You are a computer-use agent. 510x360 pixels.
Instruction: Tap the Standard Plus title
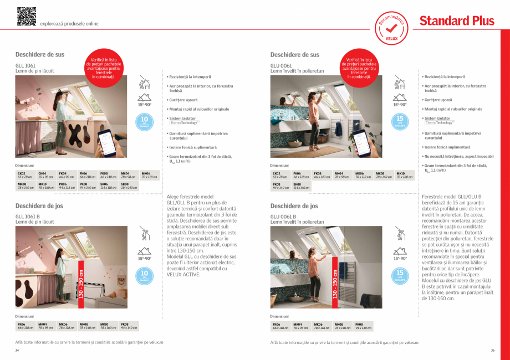coord(456,21)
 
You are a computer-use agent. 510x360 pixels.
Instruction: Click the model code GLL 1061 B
coord(27,217)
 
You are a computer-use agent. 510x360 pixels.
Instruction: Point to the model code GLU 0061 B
coord(283,217)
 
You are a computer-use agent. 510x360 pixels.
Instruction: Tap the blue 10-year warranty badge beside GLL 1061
coord(144,121)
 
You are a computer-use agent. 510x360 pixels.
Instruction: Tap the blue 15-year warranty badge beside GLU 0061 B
coord(400,275)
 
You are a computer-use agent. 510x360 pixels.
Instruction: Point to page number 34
coord(17,350)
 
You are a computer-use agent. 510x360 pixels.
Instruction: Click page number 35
coord(492,350)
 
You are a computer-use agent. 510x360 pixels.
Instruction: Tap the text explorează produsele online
coord(69,24)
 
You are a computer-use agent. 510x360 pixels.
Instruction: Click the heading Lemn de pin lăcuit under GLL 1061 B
coord(34,222)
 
